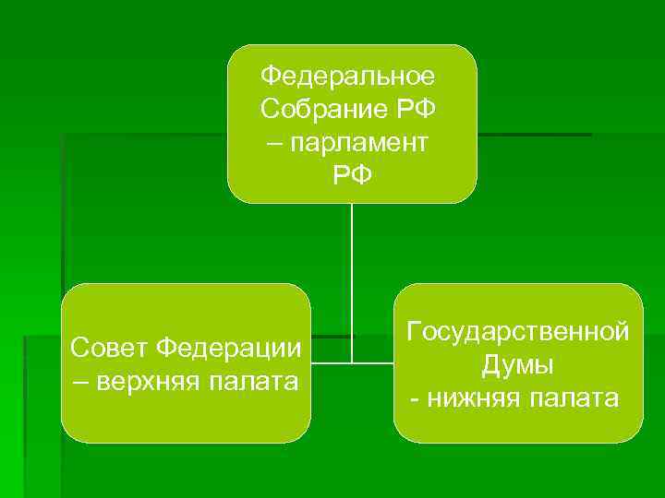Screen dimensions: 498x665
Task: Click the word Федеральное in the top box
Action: pos(352,73)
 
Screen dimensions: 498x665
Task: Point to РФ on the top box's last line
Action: pos(352,174)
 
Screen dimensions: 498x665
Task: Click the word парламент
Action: pos(363,141)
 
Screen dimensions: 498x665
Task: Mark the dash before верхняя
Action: pos(80,380)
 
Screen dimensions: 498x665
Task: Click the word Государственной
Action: pos(518,331)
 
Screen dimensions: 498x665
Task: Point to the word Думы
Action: pos(518,364)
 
